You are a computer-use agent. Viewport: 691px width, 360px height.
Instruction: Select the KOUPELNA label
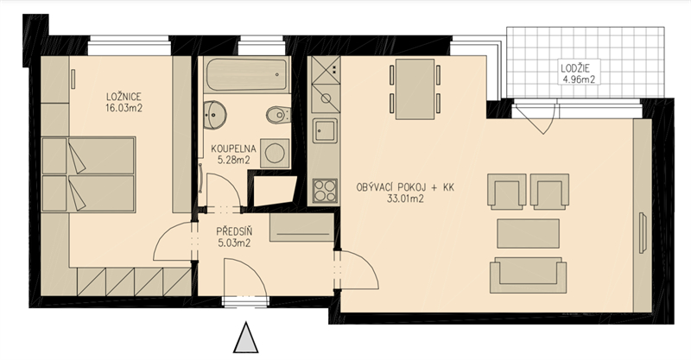[231, 147]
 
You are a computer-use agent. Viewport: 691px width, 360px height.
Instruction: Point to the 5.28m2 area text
[231, 160]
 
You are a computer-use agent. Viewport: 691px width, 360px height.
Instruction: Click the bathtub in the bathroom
[246, 76]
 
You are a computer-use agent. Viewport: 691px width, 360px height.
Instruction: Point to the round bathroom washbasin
[213, 114]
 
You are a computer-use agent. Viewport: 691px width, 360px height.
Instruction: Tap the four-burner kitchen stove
[326, 188]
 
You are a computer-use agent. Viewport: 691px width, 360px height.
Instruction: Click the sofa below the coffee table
[528, 275]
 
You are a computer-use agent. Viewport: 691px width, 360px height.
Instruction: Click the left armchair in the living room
[507, 191]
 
